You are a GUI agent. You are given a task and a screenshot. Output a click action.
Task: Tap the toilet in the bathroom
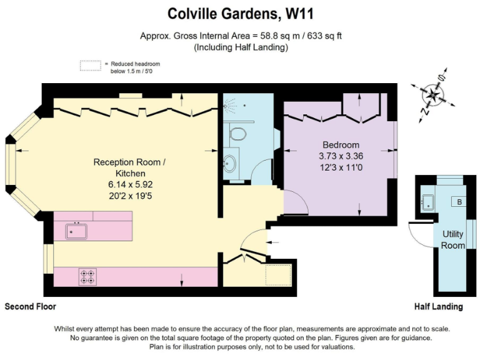pyautogui.click(x=237, y=132)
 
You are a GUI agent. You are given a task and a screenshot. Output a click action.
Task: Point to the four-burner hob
pyautogui.click(x=87, y=276)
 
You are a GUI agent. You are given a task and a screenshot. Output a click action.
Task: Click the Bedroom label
pyautogui.click(x=341, y=145)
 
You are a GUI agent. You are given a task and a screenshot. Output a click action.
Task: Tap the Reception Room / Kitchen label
pyautogui.click(x=129, y=167)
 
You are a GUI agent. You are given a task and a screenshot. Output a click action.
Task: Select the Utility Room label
pyautogui.click(x=453, y=239)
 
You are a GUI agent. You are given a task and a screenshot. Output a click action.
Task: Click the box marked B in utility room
pyautogui.click(x=459, y=202)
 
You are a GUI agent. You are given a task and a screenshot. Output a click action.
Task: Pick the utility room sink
pyautogui.click(x=429, y=201)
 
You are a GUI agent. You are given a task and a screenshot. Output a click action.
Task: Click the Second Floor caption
pyautogui.click(x=31, y=307)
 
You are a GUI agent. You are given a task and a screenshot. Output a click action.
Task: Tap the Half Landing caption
pyautogui.click(x=438, y=307)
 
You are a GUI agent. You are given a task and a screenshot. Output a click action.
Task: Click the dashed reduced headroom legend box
pyautogui.click(x=90, y=66)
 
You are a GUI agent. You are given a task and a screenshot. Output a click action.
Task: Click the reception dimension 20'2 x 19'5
pyautogui.click(x=129, y=196)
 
